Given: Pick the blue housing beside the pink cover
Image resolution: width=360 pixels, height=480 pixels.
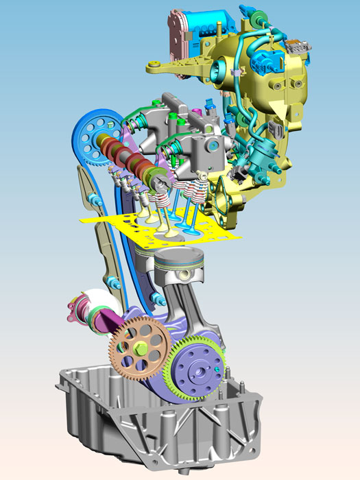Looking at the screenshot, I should coord(213,24).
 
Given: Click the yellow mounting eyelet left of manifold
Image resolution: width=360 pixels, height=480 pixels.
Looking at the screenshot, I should coord(154,66).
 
